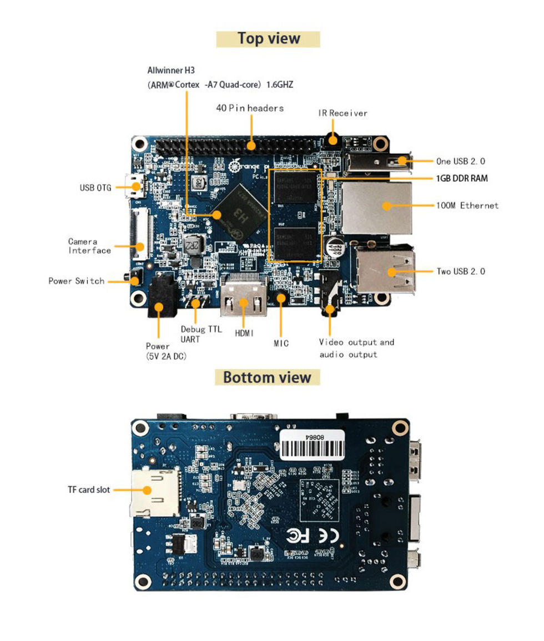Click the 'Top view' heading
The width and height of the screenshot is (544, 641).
pos(268,39)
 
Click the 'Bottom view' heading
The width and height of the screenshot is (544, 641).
pos(267,377)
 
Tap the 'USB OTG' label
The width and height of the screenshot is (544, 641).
pos(95,188)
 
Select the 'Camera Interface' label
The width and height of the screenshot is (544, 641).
pos(89,246)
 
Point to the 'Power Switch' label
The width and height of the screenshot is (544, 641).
pos(76,281)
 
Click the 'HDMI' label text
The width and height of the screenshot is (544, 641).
pos(244,333)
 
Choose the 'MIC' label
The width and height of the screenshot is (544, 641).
pos(281,343)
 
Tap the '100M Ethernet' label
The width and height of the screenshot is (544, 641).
pos(467,205)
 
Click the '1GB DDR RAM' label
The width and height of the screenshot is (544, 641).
pos(462,178)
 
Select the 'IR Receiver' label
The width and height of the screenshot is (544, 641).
pos(342,113)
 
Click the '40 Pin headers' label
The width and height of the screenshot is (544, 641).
pos(250,108)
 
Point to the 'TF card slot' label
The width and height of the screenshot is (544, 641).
pos(89,489)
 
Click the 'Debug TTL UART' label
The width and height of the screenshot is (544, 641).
pos(200,334)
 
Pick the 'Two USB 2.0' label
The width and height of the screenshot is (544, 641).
pos(461,271)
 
